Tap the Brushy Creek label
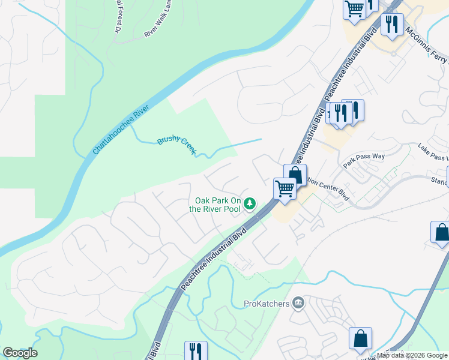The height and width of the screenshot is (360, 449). pos(176,145)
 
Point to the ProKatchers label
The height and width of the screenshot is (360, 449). pos(267,304)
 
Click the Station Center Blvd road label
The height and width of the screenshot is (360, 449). pos(327,187)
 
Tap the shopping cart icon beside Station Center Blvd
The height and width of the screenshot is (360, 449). pos(285,188)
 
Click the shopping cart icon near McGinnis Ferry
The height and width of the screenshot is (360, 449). pos(355,9)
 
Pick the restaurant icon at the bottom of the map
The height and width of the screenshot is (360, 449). pos(196,350)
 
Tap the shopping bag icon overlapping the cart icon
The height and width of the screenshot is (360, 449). pos(295,175)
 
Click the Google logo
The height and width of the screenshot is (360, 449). pos(20,353)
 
